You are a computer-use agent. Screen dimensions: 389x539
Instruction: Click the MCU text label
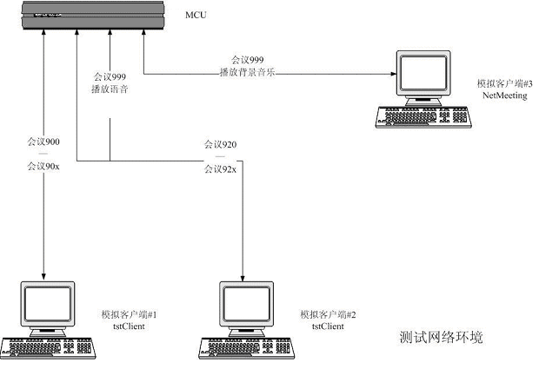(197, 15)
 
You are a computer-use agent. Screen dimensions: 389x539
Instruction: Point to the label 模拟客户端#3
(502, 83)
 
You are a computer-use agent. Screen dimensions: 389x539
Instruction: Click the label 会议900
(43, 140)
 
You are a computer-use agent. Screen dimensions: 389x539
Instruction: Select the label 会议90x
(43, 165)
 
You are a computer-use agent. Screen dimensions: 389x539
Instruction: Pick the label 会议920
(220, 143)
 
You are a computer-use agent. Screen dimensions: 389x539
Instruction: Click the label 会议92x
(220, 168)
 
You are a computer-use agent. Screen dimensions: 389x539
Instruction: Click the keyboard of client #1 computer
(47, 346)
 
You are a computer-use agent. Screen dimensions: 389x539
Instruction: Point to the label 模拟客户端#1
(130, 313)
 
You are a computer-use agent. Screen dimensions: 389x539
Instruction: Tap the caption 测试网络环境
(440, 336)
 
